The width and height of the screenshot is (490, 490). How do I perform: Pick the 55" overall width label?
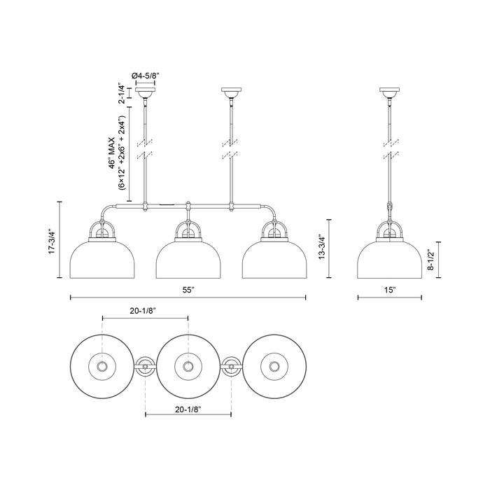point(188,288)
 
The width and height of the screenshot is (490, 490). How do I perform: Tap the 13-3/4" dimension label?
point(323,248)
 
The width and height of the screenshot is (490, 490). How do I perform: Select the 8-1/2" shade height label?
point(432,258)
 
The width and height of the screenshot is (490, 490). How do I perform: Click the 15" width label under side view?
point(390,288)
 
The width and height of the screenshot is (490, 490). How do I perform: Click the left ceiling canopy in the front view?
point(146,92)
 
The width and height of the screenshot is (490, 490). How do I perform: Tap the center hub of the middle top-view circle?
point(188,366)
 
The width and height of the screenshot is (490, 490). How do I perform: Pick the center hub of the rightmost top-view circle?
point(273,366)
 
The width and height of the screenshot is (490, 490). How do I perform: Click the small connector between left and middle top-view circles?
point(145,366)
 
